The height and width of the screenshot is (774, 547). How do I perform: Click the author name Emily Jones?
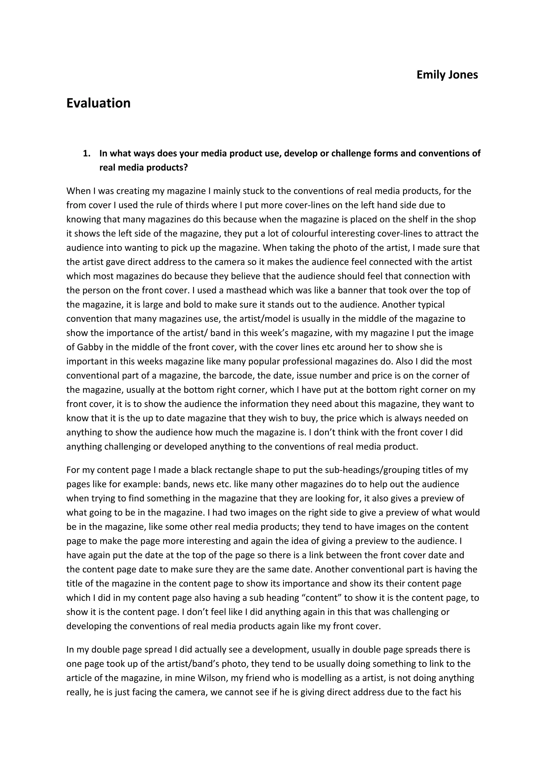pyautogui.click(x=447, y=75)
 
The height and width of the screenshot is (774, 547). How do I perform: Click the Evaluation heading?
pyautogui.click(x=98, y=103)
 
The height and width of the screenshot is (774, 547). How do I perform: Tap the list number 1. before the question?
pyautogui.click(x=87, y=154)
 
